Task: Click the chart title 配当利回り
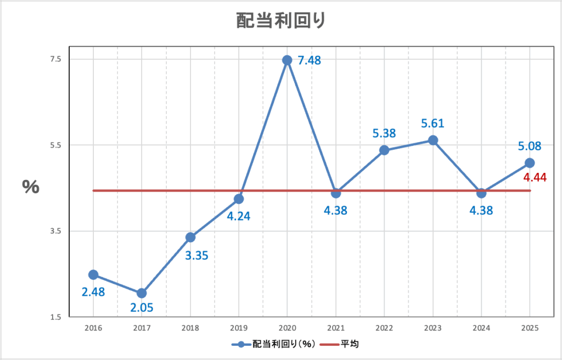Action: point(280,20)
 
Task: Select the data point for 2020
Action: point(287,60)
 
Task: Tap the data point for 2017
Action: point(142,293)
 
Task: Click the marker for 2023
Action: point(432,140)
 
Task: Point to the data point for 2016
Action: point(93,274)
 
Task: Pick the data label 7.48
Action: point(309,60)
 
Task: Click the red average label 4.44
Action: point(534,177)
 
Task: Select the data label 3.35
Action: point(196,255)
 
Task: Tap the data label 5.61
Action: point(432,124)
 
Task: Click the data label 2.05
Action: point(142,308)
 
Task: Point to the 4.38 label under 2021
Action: point(335,210)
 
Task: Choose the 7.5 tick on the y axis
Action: point(56,59)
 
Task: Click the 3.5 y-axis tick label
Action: point(56,231)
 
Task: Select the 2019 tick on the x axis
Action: point(239,328)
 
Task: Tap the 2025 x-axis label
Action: point(530,328)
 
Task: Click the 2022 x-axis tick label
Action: point(384,328)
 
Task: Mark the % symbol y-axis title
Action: point(31,187)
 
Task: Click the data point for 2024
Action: point(481,193)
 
